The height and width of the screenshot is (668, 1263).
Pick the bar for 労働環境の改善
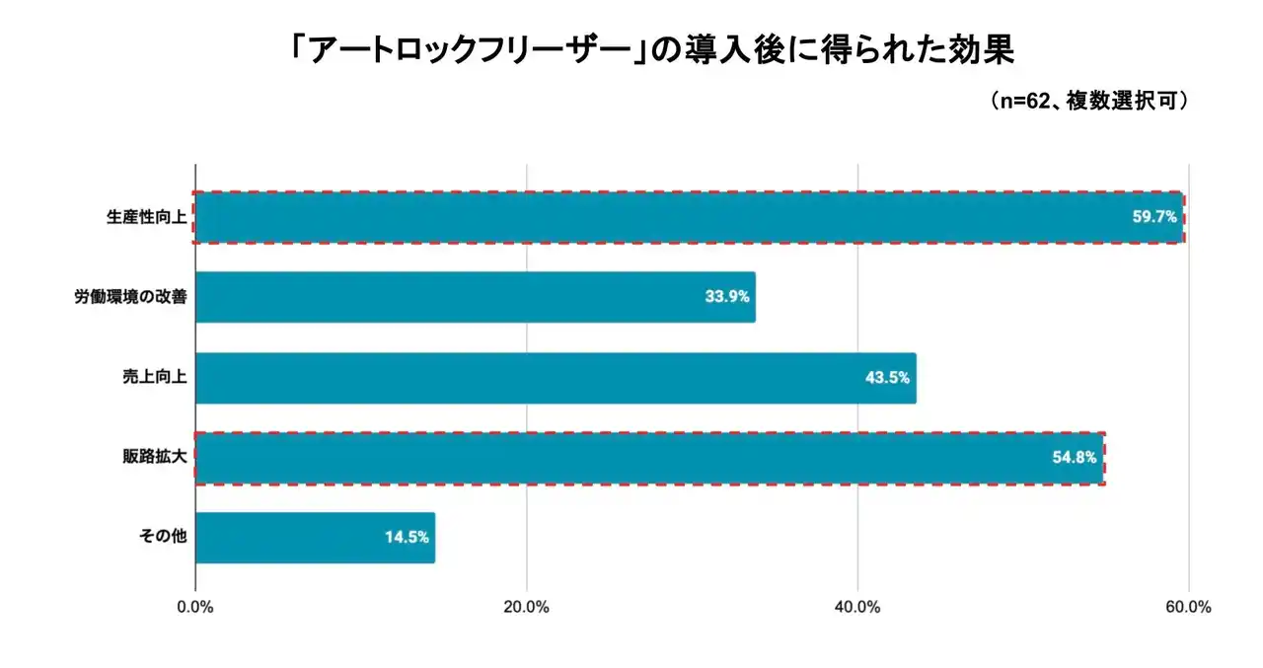(475, 297)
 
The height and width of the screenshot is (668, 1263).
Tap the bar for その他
(315, 538)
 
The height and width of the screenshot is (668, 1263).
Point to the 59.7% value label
(1153, 217)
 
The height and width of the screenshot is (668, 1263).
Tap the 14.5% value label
(407, 538)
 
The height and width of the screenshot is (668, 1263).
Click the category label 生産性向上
(145, 217)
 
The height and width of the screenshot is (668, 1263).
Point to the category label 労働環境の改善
(129, 297)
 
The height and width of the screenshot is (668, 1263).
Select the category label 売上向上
(153, 378)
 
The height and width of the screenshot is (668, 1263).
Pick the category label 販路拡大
(153, 458)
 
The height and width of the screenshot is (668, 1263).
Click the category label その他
(162, 538)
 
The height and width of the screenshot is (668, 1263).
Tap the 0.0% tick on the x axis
(195, 608)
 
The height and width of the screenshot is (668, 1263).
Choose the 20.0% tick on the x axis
(526, 608)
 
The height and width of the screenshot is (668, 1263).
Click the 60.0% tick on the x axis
(1188, 608)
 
